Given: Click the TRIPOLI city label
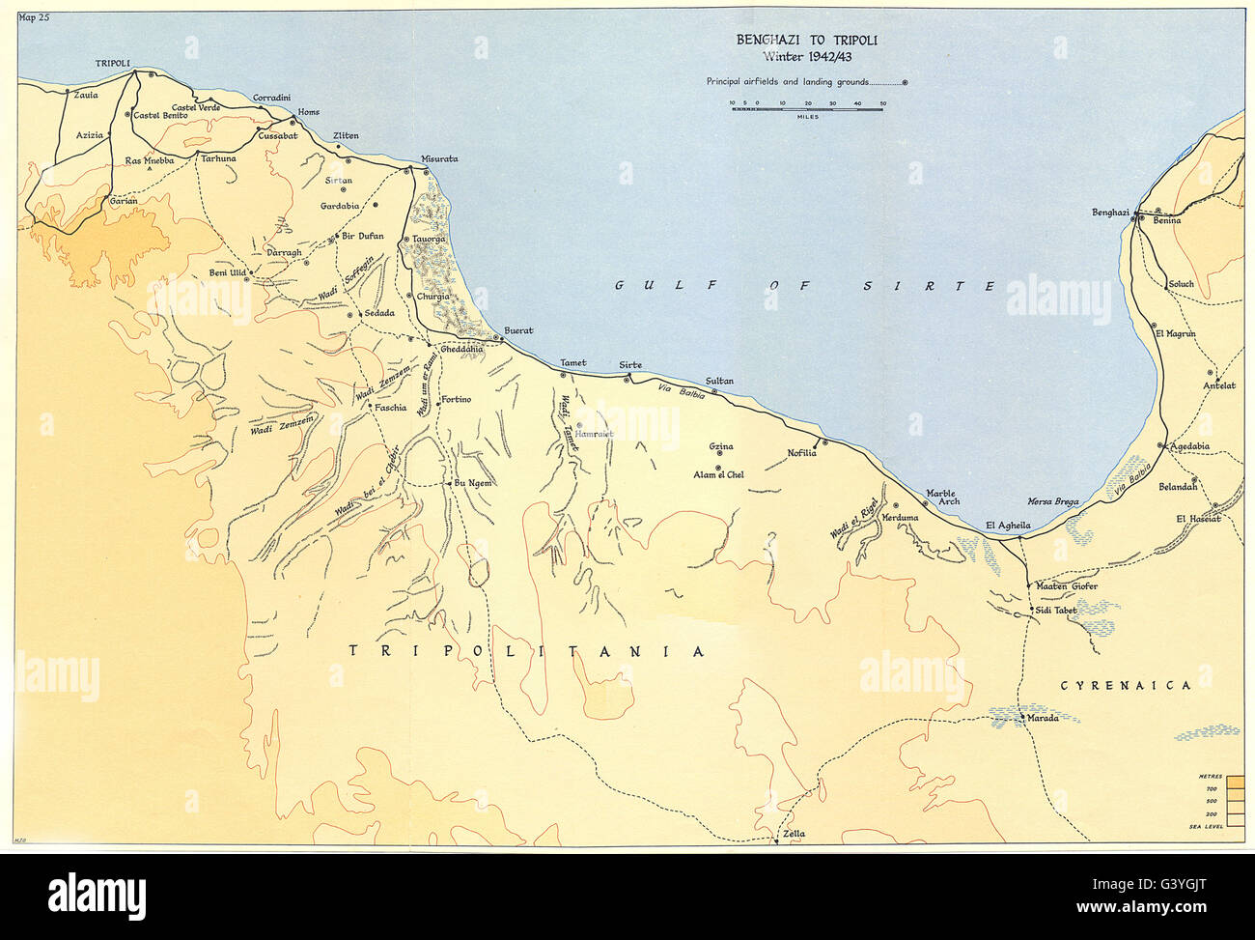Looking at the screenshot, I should click(113, 62).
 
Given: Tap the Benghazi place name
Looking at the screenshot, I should click(1110, 213).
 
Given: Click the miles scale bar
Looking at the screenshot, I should click(807, 109).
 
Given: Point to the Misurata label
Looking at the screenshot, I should click(439, 158).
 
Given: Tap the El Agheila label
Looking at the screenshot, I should click(1008, 526).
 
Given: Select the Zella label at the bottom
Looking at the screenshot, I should click(794, 834).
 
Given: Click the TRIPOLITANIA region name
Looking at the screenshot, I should click(525, 652).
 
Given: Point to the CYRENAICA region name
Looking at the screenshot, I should click(1126, 685).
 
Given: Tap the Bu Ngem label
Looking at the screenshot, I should click(475, 483).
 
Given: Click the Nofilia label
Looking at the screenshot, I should click(802, 452).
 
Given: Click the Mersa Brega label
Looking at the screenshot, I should click(1053, 501).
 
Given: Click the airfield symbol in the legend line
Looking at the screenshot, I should click(905, 83).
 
